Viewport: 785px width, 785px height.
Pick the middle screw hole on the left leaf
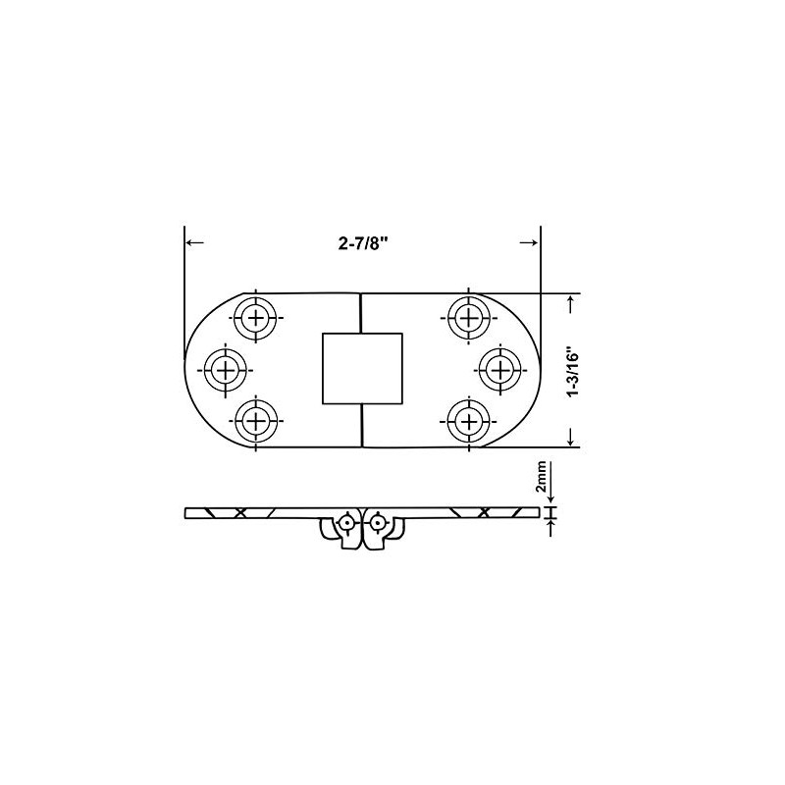click(x=226, y=370)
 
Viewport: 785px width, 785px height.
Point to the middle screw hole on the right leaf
click(x=499, y=370)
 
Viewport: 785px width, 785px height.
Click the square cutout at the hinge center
click(x=361, y=368)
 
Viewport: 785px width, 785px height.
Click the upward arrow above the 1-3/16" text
click(x=572, y=303)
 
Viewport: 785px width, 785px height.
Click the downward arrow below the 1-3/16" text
click(x=572, y=437)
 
